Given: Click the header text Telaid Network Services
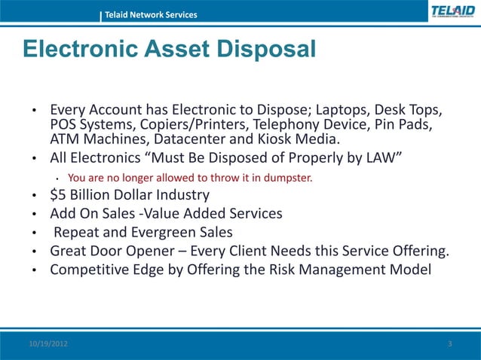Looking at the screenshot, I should [x=151, y=15].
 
